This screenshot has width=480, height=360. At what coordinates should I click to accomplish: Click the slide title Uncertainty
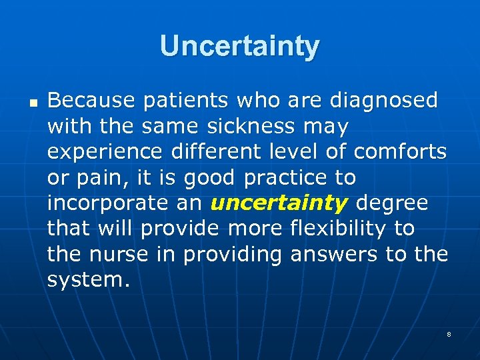pos(240,46)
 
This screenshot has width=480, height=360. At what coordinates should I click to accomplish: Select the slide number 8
pos(449,333)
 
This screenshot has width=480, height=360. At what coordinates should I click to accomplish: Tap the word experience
pos(105,152)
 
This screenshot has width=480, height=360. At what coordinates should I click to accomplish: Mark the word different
pos(212,152)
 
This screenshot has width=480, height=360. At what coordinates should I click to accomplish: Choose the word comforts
pos(400,152)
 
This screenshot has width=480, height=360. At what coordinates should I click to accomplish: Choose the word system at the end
pos(85,280)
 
